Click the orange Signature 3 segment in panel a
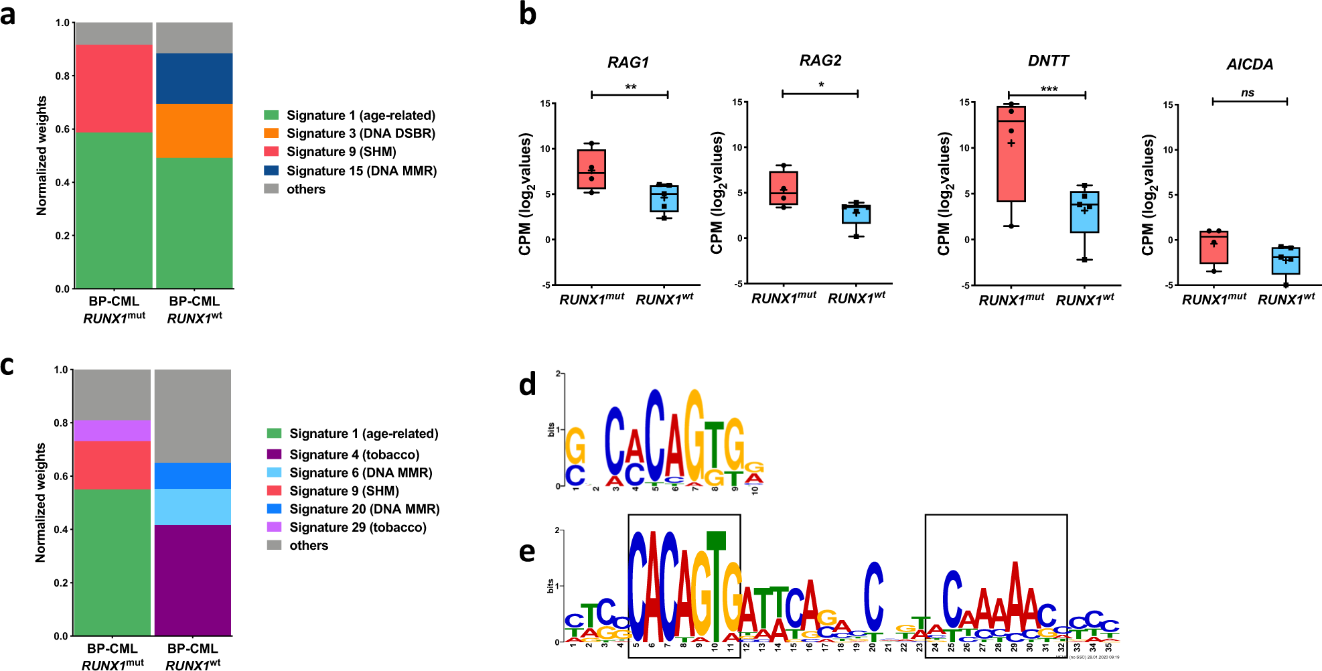point(194,131)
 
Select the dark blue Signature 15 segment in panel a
point(194,78)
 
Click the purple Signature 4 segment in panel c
point(193,580)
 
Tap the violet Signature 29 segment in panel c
point(112,431)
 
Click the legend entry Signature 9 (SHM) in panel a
point(341,152)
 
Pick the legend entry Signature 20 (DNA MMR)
point(364,509)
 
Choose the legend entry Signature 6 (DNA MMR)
point(360,473)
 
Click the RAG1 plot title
point(628,62)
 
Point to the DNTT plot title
point(1048,61)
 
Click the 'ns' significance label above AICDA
point(1248,93)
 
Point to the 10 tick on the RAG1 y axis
point(546,149)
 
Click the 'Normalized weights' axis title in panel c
point(40,502)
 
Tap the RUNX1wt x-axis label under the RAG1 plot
point(664,299)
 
